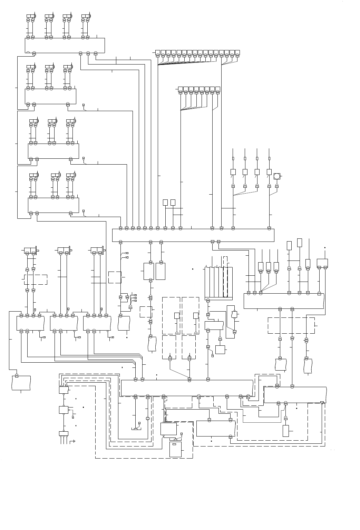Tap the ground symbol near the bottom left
click(74, 441)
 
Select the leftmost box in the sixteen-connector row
click(158, 52)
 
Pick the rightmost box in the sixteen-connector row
click(238, 52)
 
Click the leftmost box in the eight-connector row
click(181, 89)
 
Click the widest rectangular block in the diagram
click(193, 235)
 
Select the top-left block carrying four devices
click(65, 45)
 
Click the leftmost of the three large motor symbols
click(30, 250)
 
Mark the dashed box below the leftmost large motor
click(36, 279)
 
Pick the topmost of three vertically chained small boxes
click(64, 390)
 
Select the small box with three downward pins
click(64, 434)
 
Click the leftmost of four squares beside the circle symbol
click(233, 172)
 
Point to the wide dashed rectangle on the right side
click(291, 325)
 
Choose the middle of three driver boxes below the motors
click(64, 323)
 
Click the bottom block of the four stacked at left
click(53, 205)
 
